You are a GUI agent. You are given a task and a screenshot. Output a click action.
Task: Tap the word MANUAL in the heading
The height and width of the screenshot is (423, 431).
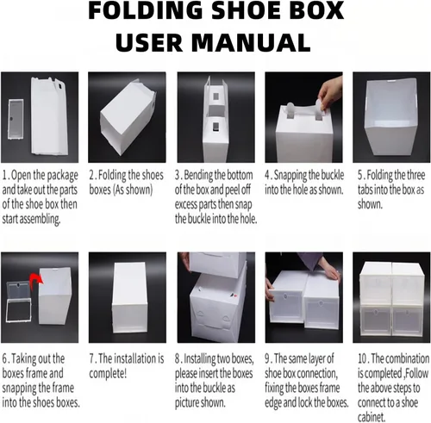point(251,42)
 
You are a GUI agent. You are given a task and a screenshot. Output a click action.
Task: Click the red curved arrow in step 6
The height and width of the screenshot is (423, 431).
point(36,279)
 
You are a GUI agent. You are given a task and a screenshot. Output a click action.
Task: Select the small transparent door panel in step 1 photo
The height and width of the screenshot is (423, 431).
point(16,119)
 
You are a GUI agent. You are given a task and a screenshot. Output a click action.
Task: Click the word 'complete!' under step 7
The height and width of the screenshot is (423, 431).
point(108,373)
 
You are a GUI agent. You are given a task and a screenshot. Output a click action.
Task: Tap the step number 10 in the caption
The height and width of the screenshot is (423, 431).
point(363,358)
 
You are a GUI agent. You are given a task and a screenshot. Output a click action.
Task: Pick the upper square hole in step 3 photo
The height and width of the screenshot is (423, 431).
point(215,97)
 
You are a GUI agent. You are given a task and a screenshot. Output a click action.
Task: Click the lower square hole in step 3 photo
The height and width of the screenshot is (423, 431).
point(216,127)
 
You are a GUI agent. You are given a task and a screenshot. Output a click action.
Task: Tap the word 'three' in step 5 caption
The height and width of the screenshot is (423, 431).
point(414,175)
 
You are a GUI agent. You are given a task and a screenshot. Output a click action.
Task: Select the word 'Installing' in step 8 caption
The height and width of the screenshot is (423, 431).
point(200,359)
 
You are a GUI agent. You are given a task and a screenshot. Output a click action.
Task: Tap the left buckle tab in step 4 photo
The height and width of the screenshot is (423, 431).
point(290,111)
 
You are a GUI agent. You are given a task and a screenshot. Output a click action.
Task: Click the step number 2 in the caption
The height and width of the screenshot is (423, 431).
point(91,175)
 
